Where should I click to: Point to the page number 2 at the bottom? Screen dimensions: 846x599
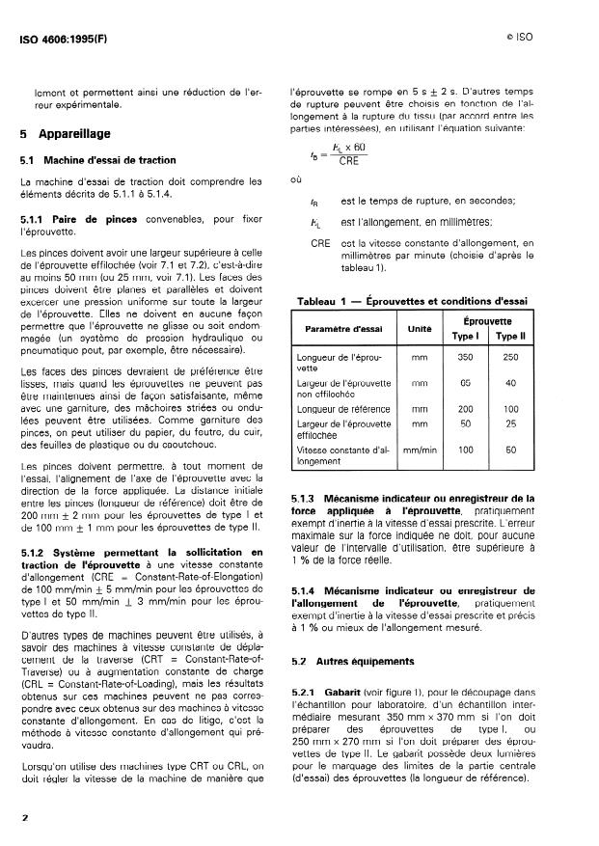24,817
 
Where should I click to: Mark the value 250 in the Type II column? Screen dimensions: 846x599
512,357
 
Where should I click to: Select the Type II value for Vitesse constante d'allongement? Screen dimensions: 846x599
512,450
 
